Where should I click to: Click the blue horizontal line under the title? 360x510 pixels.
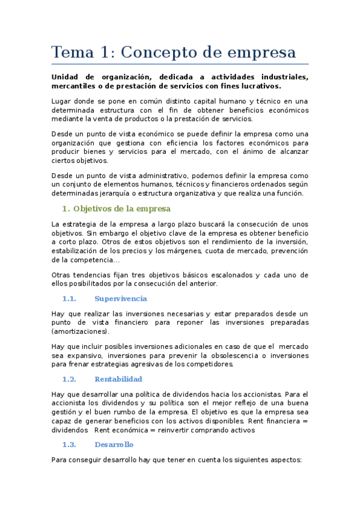pyautogui.click(x=180, y=64)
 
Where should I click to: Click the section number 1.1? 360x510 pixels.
pyautogui.click(x=69, y=298)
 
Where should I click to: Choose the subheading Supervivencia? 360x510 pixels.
pyautogui.click(x=121, y=298)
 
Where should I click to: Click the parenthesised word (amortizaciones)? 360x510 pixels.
pyautogui.click(x=81, y=331)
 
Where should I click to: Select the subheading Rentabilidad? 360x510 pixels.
pyautogui.click(x=118, y=379)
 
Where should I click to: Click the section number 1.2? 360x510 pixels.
pyautogui.click(x=69, y=379)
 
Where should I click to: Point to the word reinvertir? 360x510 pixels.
pyautogui.click(x=177, y=430)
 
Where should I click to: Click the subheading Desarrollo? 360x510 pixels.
pyautogui.click(x=114, y=444)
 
